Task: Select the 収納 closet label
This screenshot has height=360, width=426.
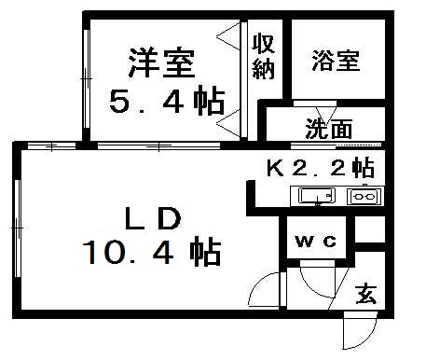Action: [263, 58]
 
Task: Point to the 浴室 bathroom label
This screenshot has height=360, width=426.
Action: [336, 62]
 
